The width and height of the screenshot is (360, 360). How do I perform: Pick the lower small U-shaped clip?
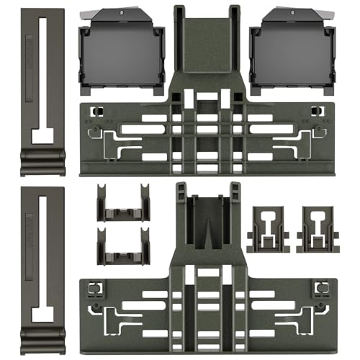(123, 248)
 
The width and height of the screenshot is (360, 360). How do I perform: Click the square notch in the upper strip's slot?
(43, 133)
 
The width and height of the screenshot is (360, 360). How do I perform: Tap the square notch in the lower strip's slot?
(43, 314)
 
